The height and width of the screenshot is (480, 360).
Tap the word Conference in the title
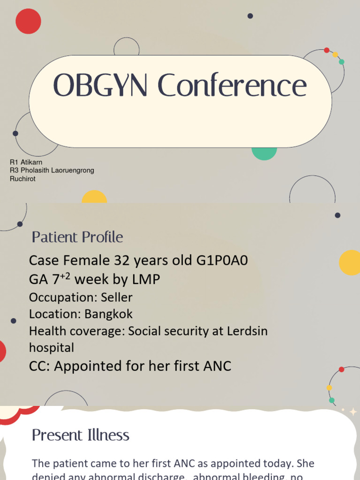232,86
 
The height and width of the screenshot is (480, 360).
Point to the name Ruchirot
22,179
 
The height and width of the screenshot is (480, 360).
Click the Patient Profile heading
77,237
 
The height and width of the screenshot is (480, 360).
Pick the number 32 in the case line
120,261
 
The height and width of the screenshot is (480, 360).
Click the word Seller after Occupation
117,297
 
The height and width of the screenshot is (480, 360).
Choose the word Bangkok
109,314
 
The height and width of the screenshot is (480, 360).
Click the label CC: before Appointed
40,366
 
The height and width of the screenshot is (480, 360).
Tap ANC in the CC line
217,366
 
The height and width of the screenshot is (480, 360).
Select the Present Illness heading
81,435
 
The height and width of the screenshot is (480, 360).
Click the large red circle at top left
28,21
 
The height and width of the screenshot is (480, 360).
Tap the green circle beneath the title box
264,153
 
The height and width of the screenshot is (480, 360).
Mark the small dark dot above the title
250,16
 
